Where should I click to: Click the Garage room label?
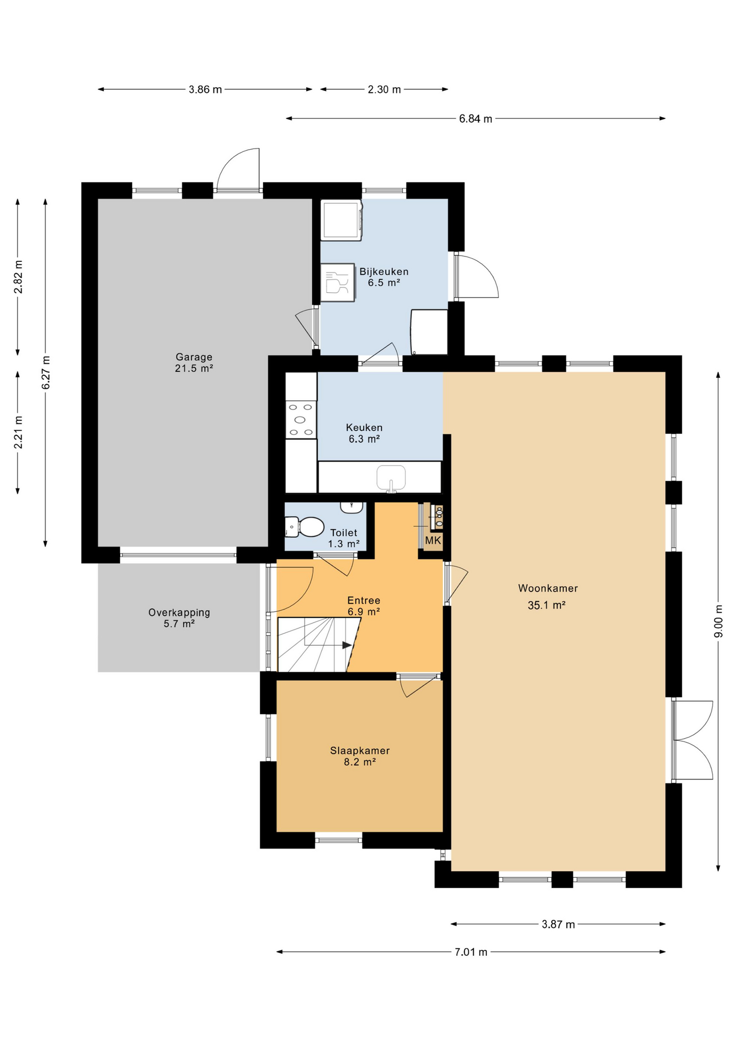point(194,357)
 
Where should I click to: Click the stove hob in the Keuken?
point(301,420)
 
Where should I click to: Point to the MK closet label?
point(433,541)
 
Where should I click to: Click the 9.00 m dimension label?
point(719,621)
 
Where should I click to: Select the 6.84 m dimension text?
point(476,119)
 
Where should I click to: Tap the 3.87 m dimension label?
point(558,924)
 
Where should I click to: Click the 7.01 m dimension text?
point(471,952)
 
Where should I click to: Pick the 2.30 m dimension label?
point(384,89)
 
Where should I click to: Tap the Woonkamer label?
point(548,588)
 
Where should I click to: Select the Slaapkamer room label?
point(360,751)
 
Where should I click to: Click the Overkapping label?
point(179,613)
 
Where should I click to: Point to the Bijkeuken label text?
point(384,272)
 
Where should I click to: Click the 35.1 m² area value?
point(547,605)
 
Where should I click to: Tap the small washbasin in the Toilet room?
point(352,507)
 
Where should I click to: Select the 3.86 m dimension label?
point(205,89)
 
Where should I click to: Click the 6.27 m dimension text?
point(46,372)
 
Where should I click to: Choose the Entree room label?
point(364,601)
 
